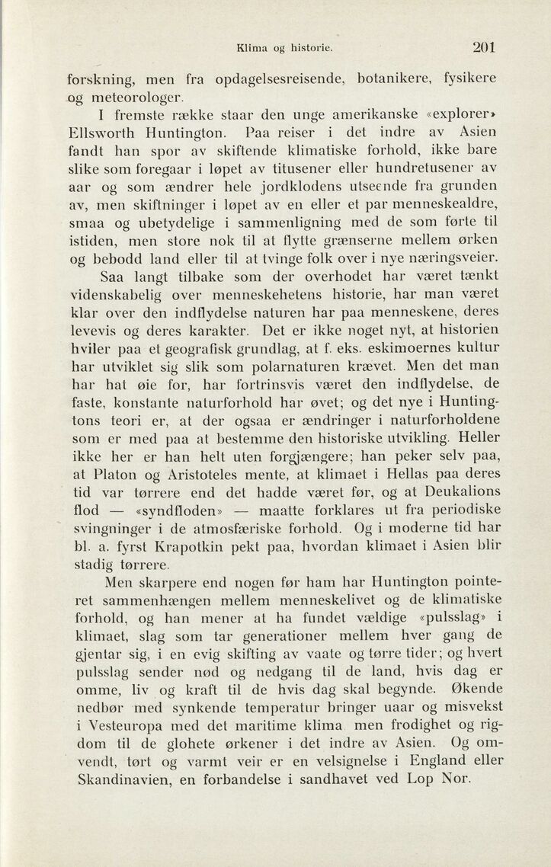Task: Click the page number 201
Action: coord(483,46)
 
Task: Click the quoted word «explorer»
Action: coord(455,117)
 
